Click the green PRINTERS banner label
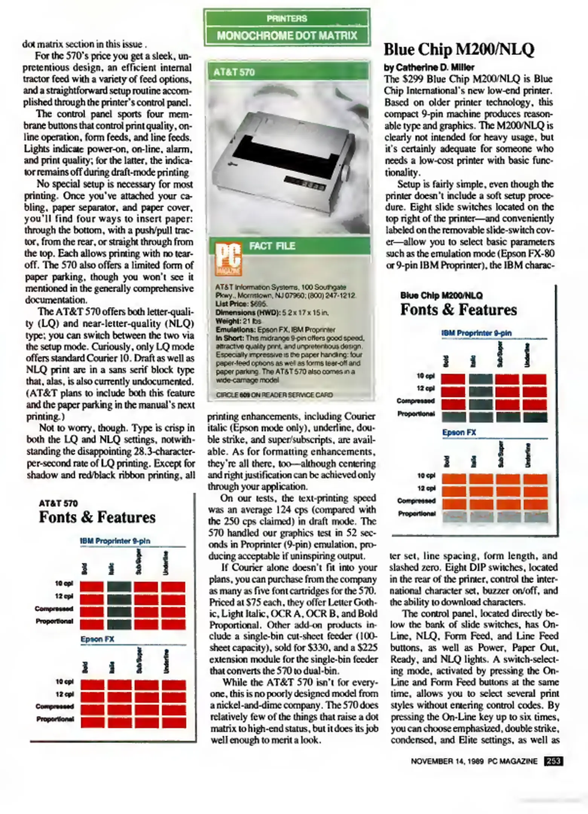coord(287,18)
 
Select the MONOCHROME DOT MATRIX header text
coord(287,36)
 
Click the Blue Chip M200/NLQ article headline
coord(458,49)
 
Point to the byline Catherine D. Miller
coord(429,67)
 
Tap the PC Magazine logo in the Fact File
coord(228,259)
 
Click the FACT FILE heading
coord(272,246)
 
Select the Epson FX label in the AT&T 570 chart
coord(97,639)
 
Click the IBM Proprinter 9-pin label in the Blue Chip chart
coord(476,333)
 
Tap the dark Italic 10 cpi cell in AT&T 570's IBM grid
coord(119,587)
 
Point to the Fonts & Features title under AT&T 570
coord(97,517)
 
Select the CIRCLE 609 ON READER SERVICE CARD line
coord(274,395)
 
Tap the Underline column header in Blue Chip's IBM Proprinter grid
coord(527,355)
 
